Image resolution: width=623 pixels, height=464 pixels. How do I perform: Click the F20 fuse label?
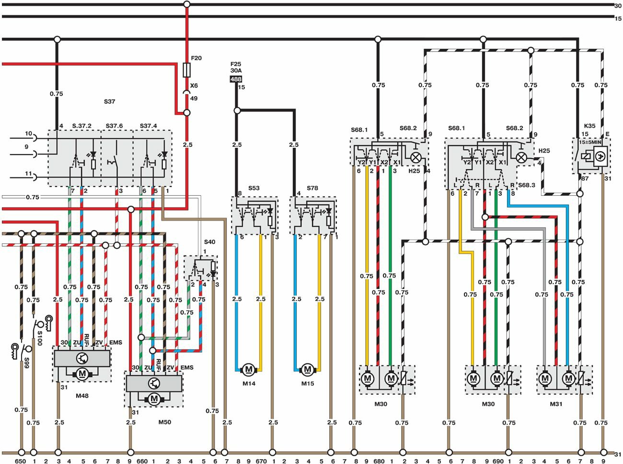(196, 58)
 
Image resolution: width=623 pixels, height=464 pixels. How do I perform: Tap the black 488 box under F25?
(236, 79)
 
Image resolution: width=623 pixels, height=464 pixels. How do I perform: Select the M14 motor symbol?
(248, 370)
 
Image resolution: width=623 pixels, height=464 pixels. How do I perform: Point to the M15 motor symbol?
(308, 370)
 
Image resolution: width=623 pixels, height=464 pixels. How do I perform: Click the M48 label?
(82, 396)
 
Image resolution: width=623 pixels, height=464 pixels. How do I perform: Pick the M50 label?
(164, 422)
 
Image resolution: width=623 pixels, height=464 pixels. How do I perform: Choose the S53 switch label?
(254, 188)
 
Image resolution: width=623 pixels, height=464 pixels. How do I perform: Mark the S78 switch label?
(312, 188)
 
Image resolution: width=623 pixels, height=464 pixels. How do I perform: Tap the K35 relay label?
(589, 126)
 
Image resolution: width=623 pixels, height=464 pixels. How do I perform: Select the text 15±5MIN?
(590, 142)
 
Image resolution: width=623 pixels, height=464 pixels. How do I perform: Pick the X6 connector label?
(194, 86)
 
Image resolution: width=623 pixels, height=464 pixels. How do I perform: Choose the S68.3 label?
(526, 185)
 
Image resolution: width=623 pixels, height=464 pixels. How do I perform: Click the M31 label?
(556, 404)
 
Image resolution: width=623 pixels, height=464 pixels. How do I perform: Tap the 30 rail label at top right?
(618, 6)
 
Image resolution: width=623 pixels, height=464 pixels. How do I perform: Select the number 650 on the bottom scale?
(20, 462)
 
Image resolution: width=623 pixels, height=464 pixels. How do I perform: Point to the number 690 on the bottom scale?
(498, 462)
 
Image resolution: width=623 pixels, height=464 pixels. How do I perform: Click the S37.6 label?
(114, 126)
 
